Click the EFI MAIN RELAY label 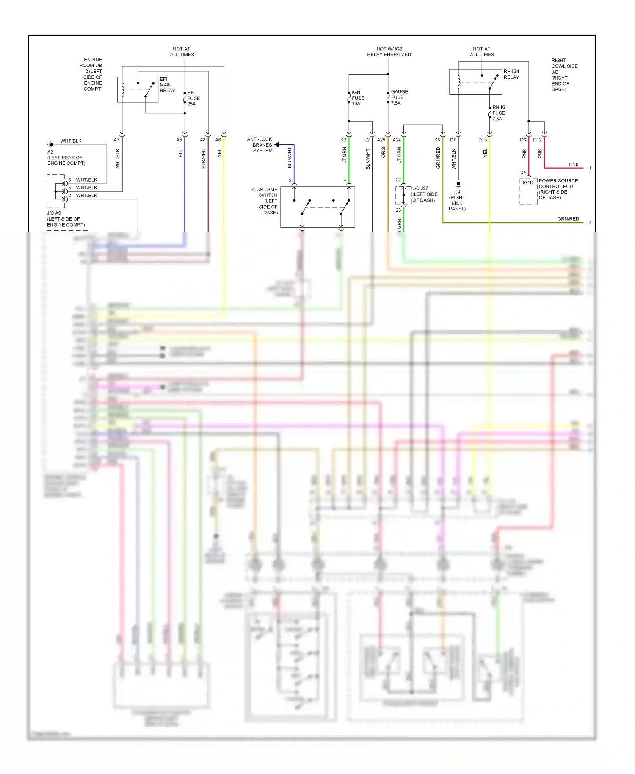tap(167, 85)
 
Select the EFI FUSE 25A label tap(193, 98)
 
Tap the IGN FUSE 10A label tap(358, 98)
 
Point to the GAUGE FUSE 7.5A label tap(399, 97)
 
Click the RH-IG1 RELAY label tap(511, 74)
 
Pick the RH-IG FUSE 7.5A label tap(498, 113)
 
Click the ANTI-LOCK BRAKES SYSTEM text tap(260, 145)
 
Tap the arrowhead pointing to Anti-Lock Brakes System tap(276, 145)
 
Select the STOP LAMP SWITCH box tap(317, 207)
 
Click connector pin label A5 tap(179, 140)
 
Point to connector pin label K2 tap(343, 140)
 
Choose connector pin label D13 tap(482, 140)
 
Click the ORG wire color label tap(383, 152)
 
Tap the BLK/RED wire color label tap(204, 158)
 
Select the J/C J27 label tap(424, 194)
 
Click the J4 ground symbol tap(458, 185)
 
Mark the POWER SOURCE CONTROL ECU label tap(558, 189)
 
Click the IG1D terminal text tap(527, 182)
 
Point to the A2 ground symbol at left tap(51, 144)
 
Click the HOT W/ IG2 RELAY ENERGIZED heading tap(389, 52)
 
